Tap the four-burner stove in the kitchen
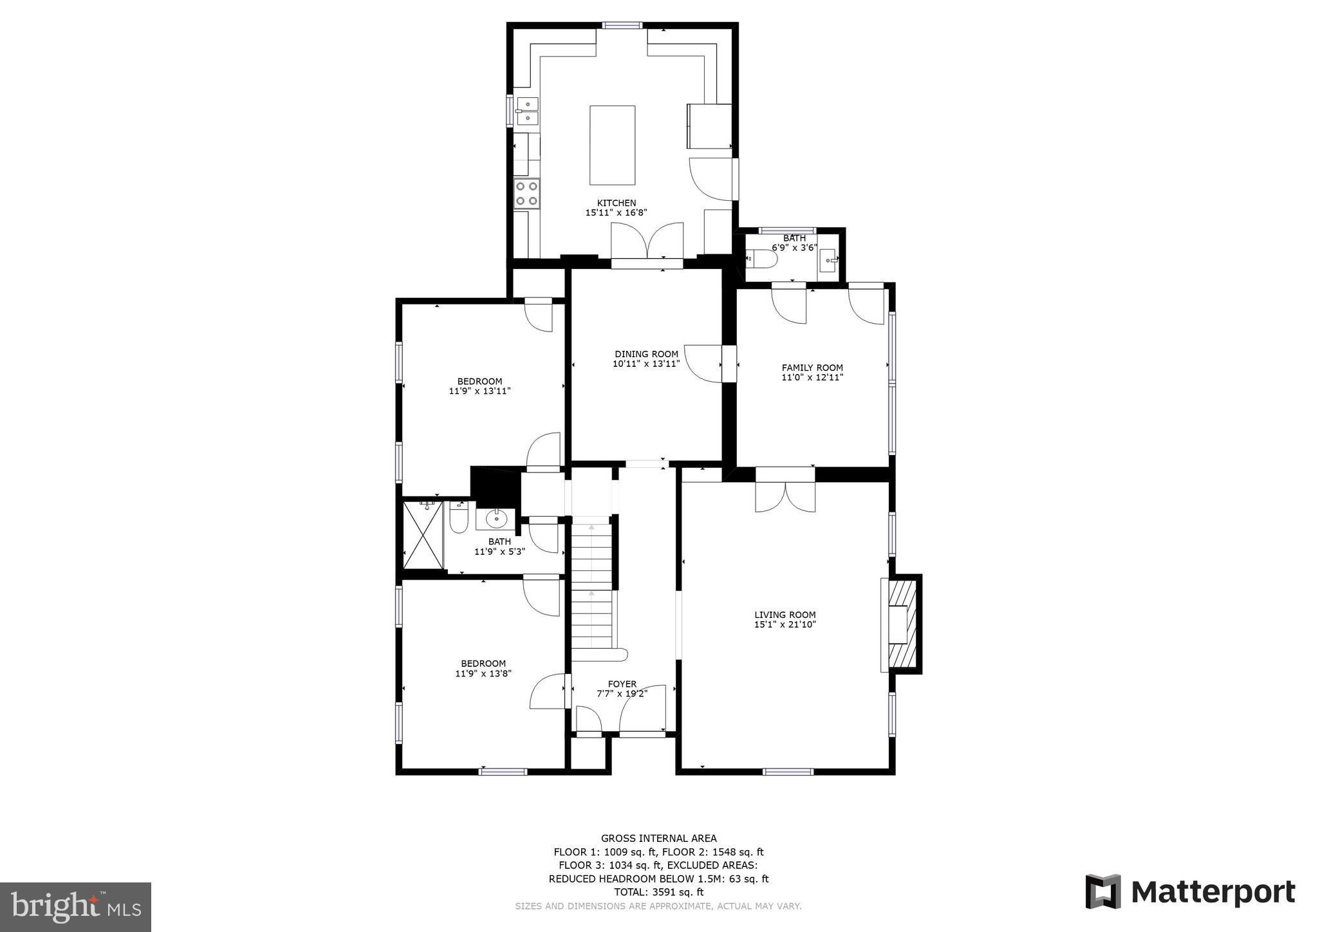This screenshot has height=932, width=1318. [x=526, y=193]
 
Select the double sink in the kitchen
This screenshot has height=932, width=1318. [x=527, y=111]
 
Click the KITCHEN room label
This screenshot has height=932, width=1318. [x=616, y=203]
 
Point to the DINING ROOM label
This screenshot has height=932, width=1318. [x=646, y=354]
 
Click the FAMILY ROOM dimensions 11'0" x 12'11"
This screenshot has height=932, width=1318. [x=812, y=378]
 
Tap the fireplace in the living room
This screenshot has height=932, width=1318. [x=901, y=624]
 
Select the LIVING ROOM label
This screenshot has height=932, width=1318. [x=784, y=615]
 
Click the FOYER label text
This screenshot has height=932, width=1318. [x=622, y=684]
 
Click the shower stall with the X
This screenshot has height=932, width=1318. [x=423, y=535]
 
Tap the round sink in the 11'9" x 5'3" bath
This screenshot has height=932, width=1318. [x=496, y=517]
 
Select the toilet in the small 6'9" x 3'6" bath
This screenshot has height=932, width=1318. [x=763, y=259]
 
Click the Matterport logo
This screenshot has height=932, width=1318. [x=1190, y=892]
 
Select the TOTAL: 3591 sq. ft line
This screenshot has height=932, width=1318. [x=658, y=892]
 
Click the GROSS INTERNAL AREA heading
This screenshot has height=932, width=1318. [x=658, y=838]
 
